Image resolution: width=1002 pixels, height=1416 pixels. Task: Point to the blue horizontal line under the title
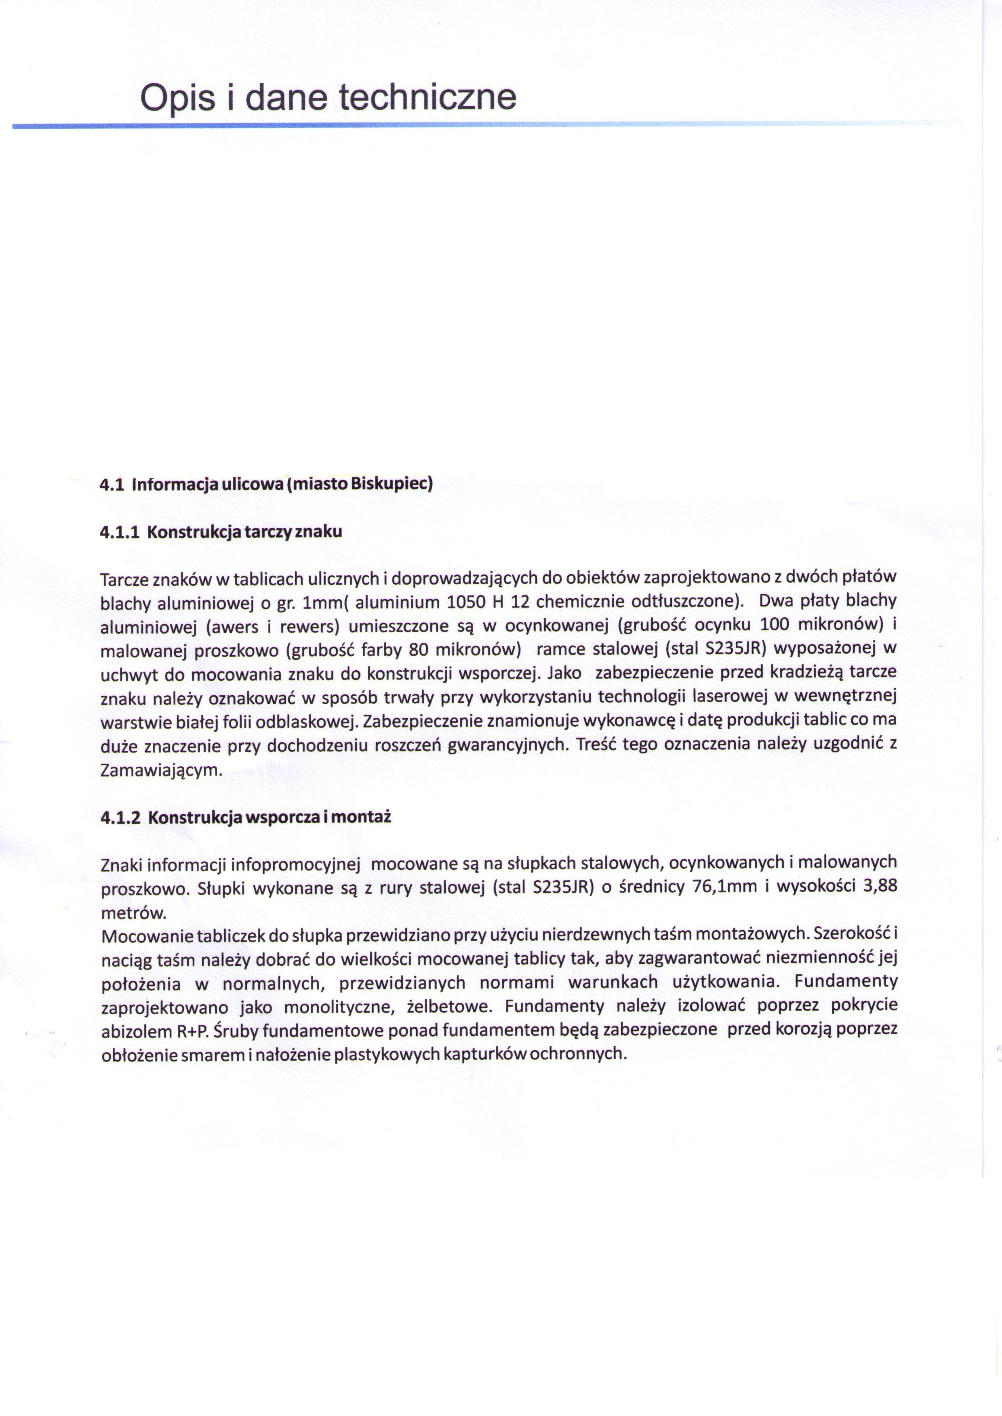[x=432, y=125]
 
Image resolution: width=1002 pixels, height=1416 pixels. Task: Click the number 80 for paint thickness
[x=419, y=649]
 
